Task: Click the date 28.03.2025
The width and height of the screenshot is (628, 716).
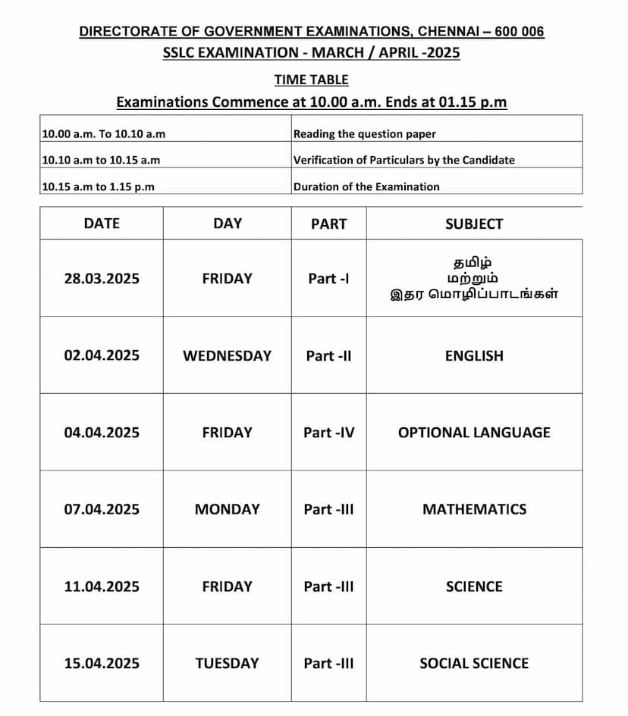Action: tap(102, 279)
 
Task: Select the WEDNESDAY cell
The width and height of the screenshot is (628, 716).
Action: tap(227, 355)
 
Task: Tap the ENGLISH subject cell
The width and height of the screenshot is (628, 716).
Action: tap(474, 355)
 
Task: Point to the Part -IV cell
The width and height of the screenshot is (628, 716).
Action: tap(328, 433)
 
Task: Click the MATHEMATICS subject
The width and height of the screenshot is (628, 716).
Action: tap(474, 509)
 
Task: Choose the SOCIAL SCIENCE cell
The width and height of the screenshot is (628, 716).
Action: tap(474, 663)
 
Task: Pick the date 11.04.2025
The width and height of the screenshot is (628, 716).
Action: tap(102, 586)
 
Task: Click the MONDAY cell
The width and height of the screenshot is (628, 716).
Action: tap(227, 509)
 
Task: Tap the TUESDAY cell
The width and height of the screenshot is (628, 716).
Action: tap(227, 663)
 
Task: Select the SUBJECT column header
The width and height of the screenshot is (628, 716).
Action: tap(474, 224)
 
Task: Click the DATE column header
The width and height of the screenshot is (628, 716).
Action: tap(102, 224)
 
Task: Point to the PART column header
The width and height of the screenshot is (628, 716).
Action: tap(328, 224)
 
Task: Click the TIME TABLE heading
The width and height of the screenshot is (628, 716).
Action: tap(311, 80)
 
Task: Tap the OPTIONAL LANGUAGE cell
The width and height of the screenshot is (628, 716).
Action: tap(474, 433)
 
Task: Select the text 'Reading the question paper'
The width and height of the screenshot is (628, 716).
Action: tap(365, 134)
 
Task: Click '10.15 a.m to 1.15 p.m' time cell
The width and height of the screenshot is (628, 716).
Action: tap(99, 186)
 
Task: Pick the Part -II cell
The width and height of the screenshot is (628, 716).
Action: tap(328, 355)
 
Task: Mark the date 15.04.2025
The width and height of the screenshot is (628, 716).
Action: tap(102, 663)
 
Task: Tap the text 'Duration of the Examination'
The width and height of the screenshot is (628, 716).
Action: tap(366, 186)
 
